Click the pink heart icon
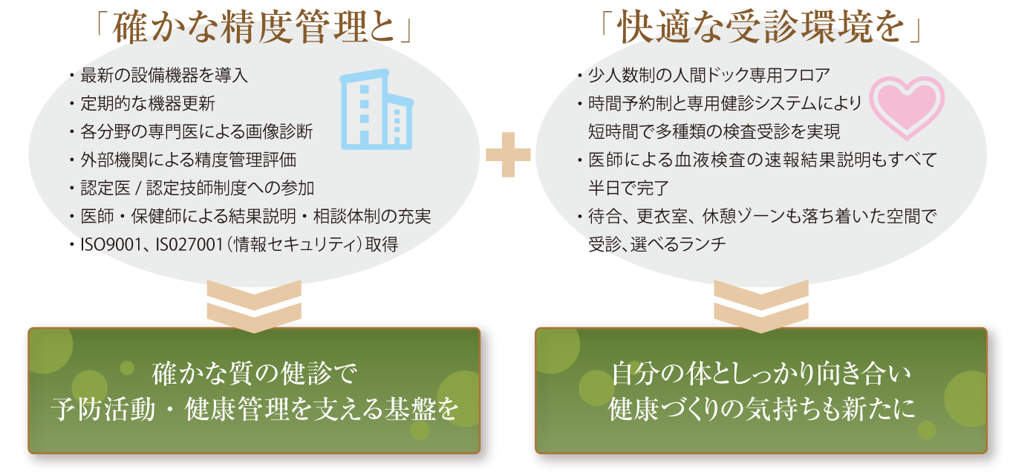pyautogui.click(x=906, y=105)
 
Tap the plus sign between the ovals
pyautogui.click(x=508, y=154)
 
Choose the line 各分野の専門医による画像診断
pyautogui.click(x=196, y=131)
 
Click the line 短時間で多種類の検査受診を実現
pyautogui.click(x=714, y=131)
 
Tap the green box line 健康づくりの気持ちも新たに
pyautogui.click(x=761, y=409)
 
